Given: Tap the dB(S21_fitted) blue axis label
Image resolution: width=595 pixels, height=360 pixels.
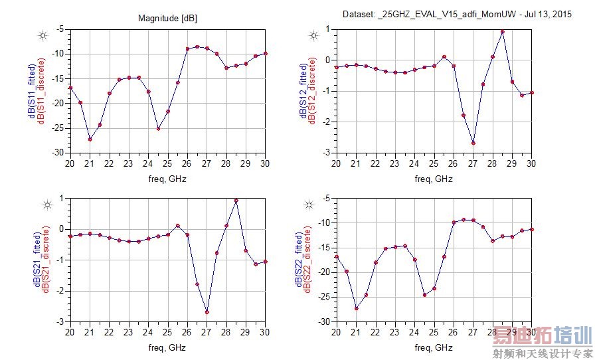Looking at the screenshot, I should coord(31,260).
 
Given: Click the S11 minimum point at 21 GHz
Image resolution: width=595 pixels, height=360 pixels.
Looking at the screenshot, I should coord(90,139).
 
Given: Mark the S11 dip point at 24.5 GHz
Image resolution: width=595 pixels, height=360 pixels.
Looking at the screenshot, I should coord(158,128).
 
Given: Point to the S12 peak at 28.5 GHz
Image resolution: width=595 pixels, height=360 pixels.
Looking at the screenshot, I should coord(503,31).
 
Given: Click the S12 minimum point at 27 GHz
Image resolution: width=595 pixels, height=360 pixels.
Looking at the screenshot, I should coord(473,143).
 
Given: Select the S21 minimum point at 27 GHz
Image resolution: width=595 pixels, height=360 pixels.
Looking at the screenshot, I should coord(207,312).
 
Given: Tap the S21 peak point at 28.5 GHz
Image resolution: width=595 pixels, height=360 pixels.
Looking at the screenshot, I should coord(236,200).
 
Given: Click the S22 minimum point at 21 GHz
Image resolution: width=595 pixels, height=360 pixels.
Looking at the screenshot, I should coord(356,308).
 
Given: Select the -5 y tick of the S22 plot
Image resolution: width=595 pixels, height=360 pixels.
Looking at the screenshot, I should coord(325,198).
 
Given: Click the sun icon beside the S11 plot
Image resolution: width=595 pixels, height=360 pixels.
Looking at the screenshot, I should coord(42,35).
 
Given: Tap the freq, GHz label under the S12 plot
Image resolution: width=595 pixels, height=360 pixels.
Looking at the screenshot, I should coord(434,179).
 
